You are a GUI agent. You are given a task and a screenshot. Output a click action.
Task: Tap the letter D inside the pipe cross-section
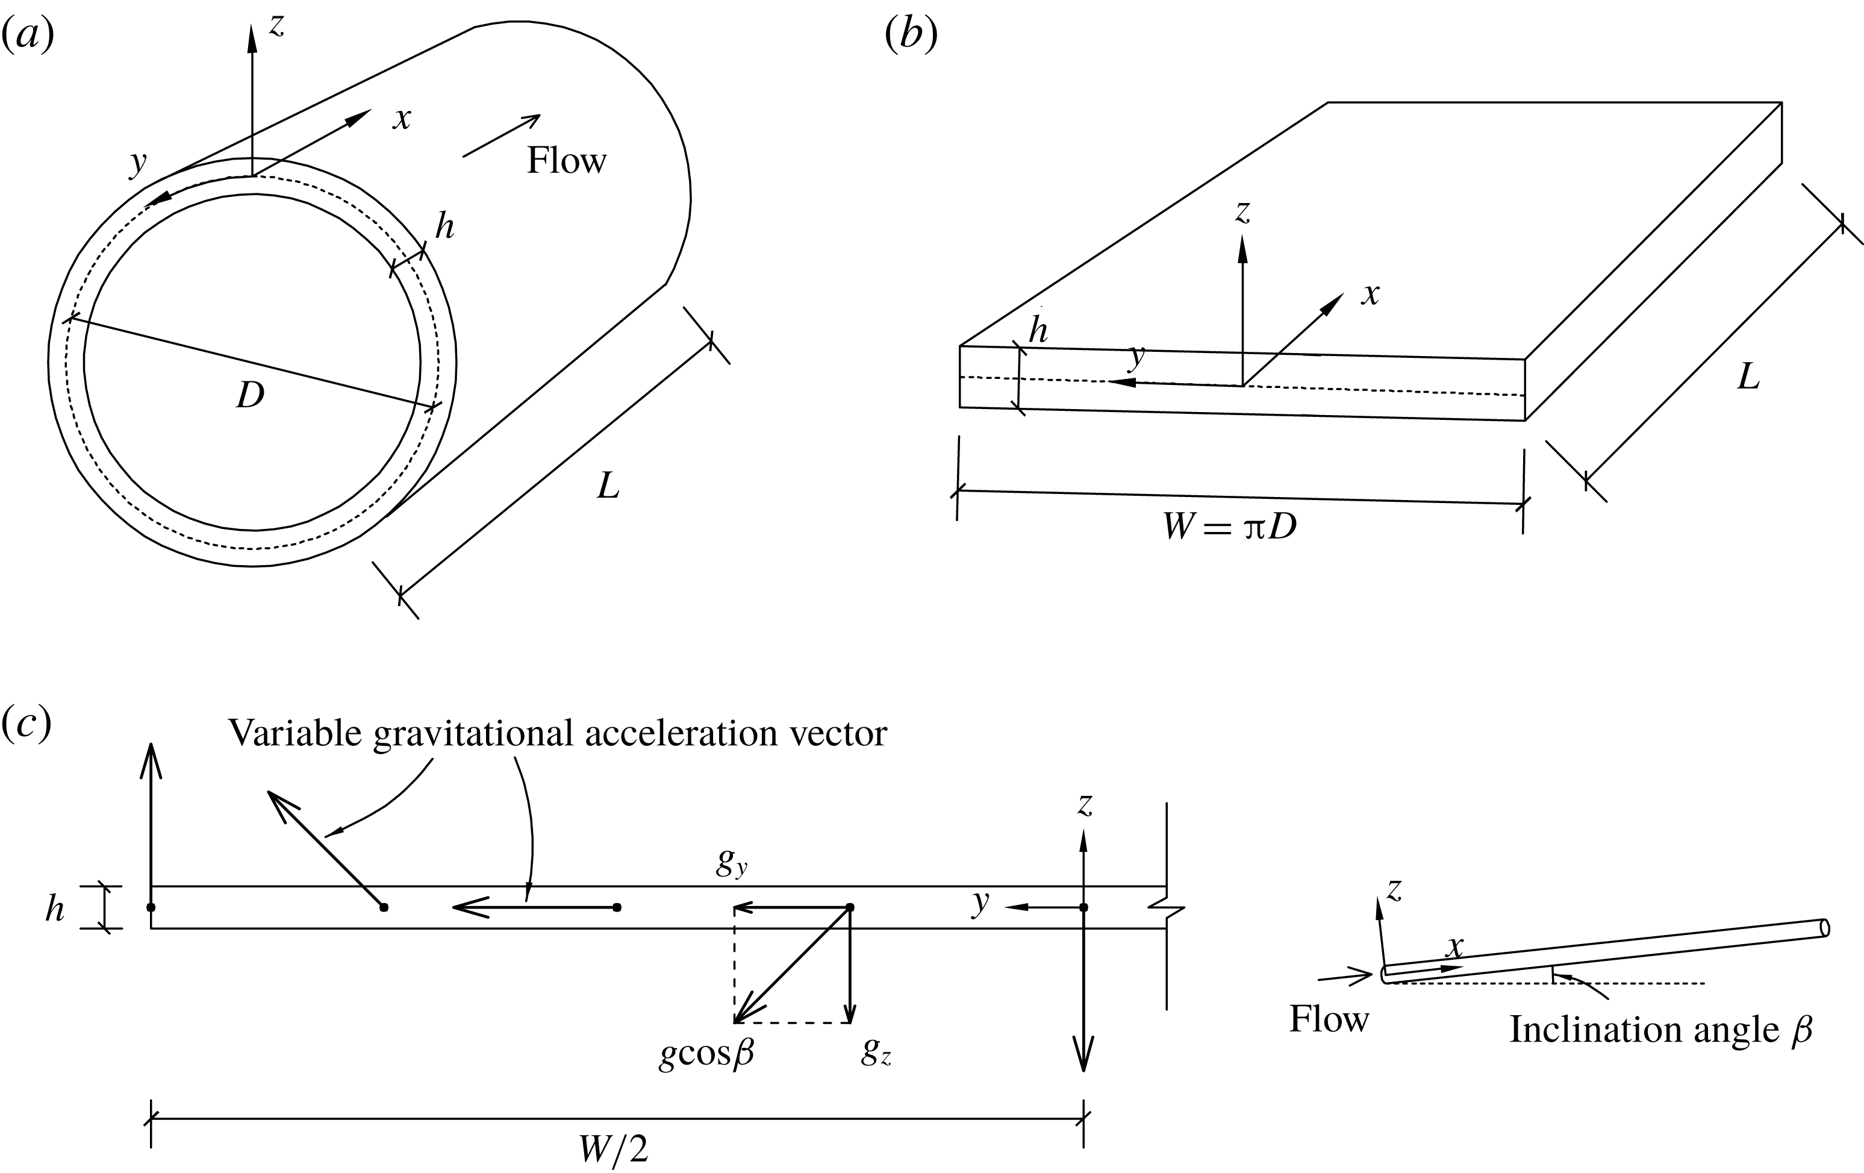(250, 396)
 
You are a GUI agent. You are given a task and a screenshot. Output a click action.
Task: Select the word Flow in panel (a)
(567, 161)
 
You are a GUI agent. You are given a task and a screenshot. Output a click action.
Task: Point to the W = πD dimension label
(1230, 527)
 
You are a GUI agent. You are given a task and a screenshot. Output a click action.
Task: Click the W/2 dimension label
(614, 1150)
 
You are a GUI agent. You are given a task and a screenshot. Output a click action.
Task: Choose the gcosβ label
(706, 1054)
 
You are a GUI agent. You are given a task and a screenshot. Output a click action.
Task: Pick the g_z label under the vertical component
(876, 1053)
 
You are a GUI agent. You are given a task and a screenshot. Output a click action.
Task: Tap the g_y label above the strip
(731, 863)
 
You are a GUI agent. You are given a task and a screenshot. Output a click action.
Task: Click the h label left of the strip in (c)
(54, 908)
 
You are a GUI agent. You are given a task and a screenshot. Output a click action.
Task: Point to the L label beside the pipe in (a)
(608, 486)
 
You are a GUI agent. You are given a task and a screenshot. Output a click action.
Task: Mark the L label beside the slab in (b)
(1748, 377)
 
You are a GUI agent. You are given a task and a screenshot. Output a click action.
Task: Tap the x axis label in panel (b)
(1371, 294)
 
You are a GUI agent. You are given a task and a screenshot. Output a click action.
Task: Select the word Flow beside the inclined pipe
(1329, 1019)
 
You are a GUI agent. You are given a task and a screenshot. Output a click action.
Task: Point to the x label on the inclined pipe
(1455, 946)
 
